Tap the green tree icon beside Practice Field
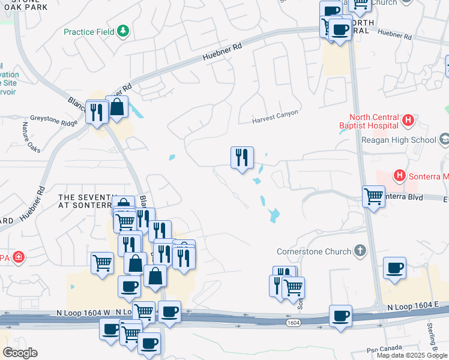(124, 31)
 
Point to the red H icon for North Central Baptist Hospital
(409, 121)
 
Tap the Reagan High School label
(399, 140)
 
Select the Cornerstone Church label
(315, 251)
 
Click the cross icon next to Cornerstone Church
(360, 250)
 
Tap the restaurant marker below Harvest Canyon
(242, 158)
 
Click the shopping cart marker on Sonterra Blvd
(373, 196)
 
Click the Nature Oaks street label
(31, 137)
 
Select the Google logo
(20, 353)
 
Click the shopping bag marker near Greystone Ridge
(118, 107)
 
